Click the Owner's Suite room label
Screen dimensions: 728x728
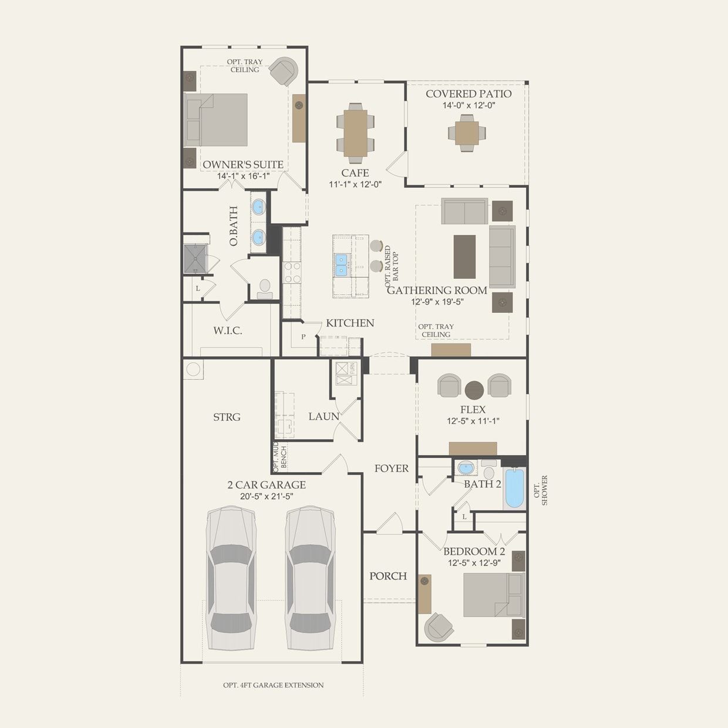[x=242, y=165]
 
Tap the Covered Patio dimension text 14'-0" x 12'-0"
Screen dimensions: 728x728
[x=469, y=106]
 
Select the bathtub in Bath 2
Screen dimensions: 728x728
[x=514, y=488]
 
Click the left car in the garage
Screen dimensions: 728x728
[x=231, y=579]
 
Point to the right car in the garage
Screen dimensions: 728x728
[x=310, y=579]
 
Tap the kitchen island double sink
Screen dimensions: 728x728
[x=341, y=265]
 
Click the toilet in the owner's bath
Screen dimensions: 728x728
[x=265, y=288]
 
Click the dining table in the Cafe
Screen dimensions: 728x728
[x=355, y=133]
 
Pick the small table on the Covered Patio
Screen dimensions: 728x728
[x=467, y=133]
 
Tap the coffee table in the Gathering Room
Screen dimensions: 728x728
[x=464, y=257]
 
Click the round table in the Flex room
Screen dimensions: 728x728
[x=474, y=389]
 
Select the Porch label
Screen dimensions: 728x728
[x=387, y=577]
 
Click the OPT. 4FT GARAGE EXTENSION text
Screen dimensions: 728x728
[x=273, y=685]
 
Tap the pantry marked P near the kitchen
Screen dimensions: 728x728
[x=304, y=337]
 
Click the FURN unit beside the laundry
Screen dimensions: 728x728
[x=346, y=373]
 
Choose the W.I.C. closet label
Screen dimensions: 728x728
[x=227, y=331]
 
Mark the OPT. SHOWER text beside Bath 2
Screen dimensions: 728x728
[x=541, y=490]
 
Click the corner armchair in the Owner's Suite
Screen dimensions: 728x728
[x=285, y=71]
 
